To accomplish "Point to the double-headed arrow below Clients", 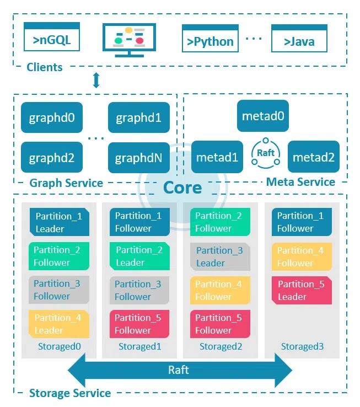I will tap(96, 81).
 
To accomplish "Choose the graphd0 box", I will tap(52, 117).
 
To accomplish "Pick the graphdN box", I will tap(139, 158).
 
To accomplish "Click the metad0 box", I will tap(263, 116).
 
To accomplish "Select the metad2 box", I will tap(313, 157).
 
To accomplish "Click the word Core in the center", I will tap(182, 188).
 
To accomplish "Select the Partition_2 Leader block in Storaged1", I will tap(139, 256).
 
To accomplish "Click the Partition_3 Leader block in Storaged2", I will tap(219, 256).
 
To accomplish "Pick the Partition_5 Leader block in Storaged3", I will tap(300, 290).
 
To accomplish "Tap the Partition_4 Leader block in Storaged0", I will tap(58, 324).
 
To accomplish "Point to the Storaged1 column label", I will tap(139, 347).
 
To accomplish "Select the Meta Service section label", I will tap(300, 182).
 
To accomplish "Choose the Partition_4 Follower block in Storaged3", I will tap(300, 256).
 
